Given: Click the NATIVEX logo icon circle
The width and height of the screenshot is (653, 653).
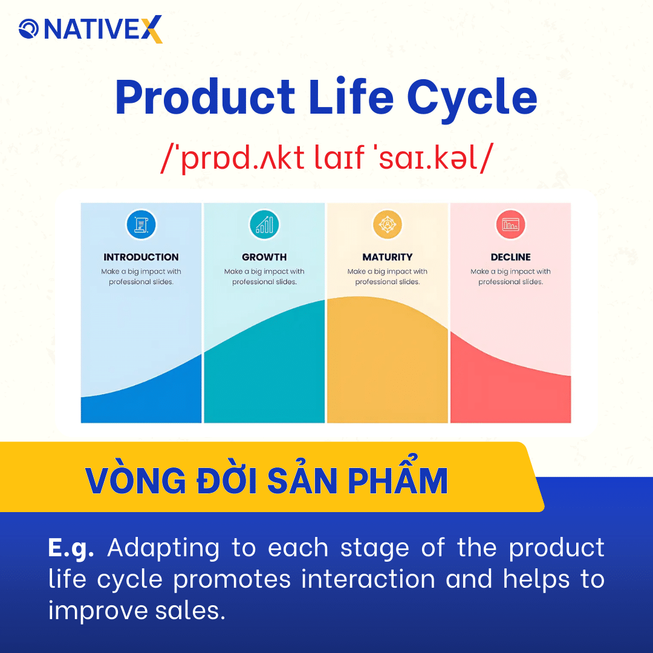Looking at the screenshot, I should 28,28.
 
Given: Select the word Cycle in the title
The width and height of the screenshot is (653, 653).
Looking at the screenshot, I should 472,99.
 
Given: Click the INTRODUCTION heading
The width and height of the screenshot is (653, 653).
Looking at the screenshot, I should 141,257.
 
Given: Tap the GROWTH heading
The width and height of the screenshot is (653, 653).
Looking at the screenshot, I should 264,257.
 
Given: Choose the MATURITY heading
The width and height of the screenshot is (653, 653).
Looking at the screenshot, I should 388,257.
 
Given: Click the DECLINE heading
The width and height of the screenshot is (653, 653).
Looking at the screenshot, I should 511,257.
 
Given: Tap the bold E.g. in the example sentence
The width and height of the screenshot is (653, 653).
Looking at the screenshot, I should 71,548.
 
